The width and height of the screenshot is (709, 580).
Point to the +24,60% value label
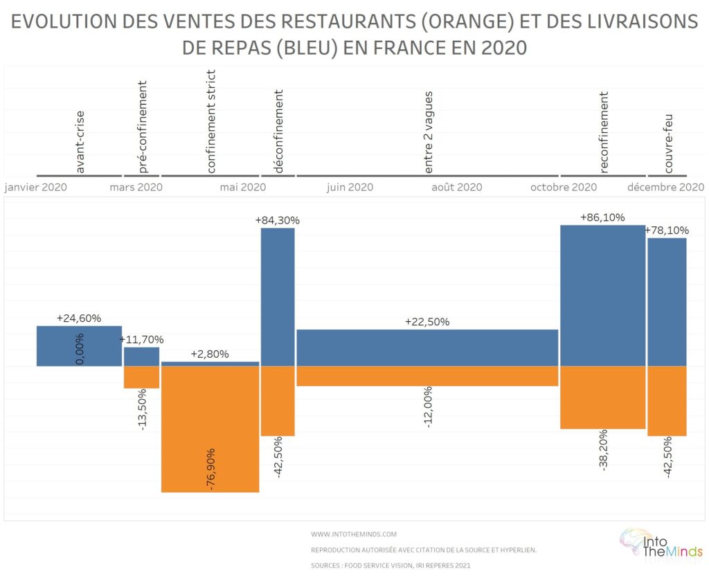tap(79, 318)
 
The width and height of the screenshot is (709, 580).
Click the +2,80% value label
tap(210, 354)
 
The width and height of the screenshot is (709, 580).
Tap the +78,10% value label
tap(667, 230)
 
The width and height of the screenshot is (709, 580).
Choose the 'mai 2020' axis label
tap(242, 187)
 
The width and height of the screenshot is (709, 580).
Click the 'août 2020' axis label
tap(456, 187)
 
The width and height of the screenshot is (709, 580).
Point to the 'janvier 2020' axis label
tap(35, 187)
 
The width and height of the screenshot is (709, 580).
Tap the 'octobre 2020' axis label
tap(563, 187)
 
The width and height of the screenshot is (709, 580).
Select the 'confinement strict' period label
tap(211, 121)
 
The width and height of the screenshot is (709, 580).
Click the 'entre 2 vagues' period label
tap(429, 132)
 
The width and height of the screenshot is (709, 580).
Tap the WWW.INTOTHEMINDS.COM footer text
tap(354, 534)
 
